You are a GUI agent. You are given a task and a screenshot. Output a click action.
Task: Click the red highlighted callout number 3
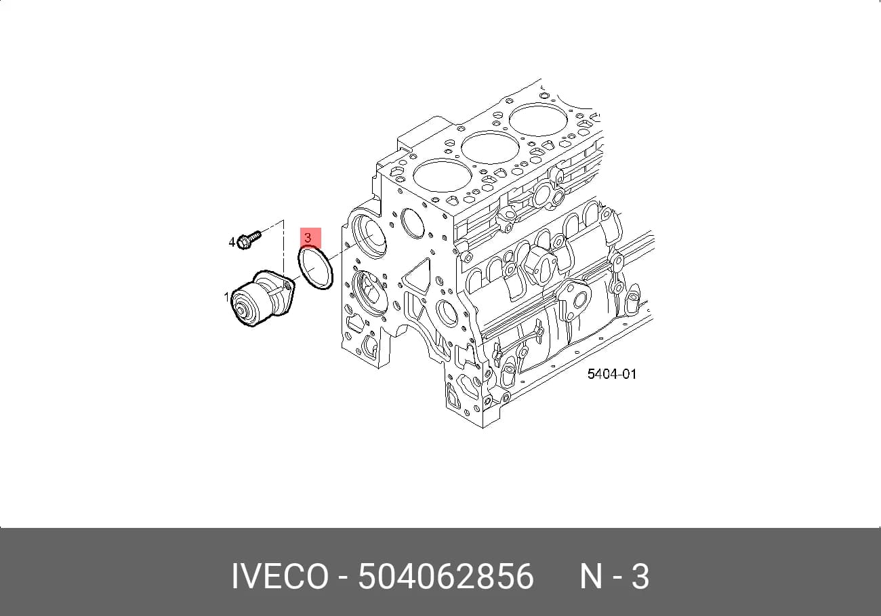coord(308,238)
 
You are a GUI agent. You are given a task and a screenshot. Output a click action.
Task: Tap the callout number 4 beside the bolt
coord(232,242)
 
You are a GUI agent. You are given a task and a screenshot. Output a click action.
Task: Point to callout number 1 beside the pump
coord(226,297)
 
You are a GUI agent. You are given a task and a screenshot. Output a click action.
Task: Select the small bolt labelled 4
coord(249,239)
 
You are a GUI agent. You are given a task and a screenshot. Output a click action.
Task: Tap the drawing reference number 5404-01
coord(611,374)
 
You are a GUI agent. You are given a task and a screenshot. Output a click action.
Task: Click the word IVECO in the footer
coord(280,577)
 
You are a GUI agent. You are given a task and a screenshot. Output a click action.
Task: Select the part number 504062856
coord(446,577)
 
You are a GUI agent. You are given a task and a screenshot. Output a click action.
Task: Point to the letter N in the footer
coord(591,577)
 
